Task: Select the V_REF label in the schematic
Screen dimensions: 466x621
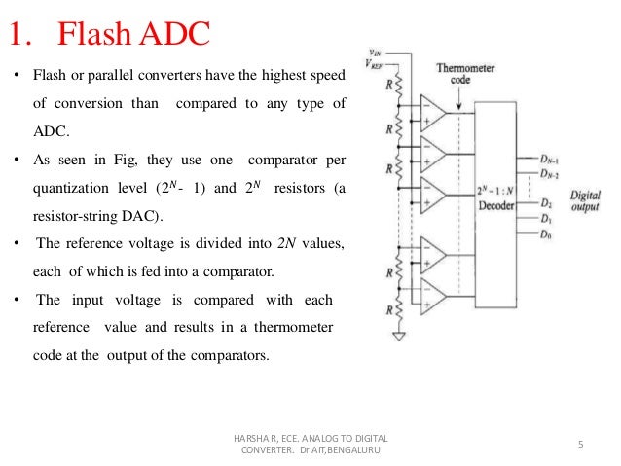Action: (374, 64)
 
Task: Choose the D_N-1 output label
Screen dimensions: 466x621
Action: (549, 156)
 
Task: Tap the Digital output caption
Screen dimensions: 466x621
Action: (586, 200)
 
